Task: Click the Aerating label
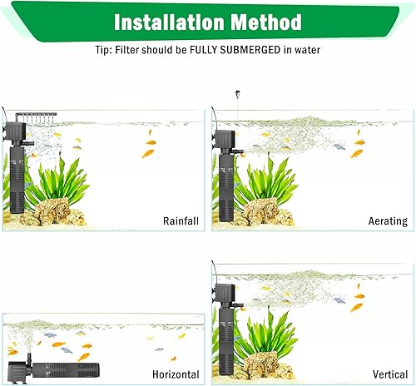[387, 220]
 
